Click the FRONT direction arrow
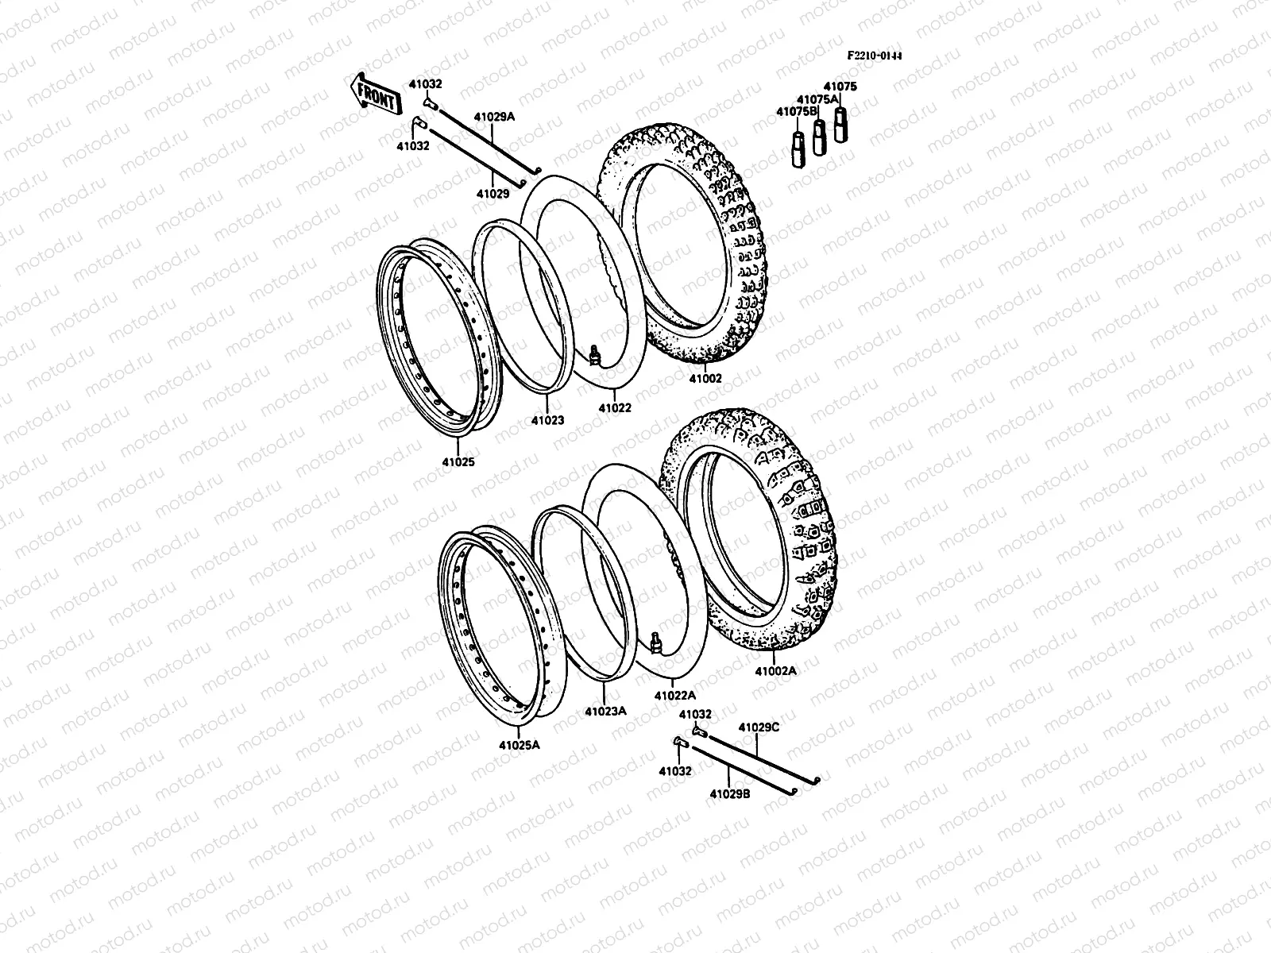[372, 95]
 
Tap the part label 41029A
[495, 117]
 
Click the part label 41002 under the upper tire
[705, 379]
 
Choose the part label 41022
[615, 408]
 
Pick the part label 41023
[548, 420]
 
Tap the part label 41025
[458, 461]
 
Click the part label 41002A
[775, 671]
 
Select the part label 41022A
[674, 695]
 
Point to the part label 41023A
[605, 712]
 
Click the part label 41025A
[520, 745]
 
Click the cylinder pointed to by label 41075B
[798, 149]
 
